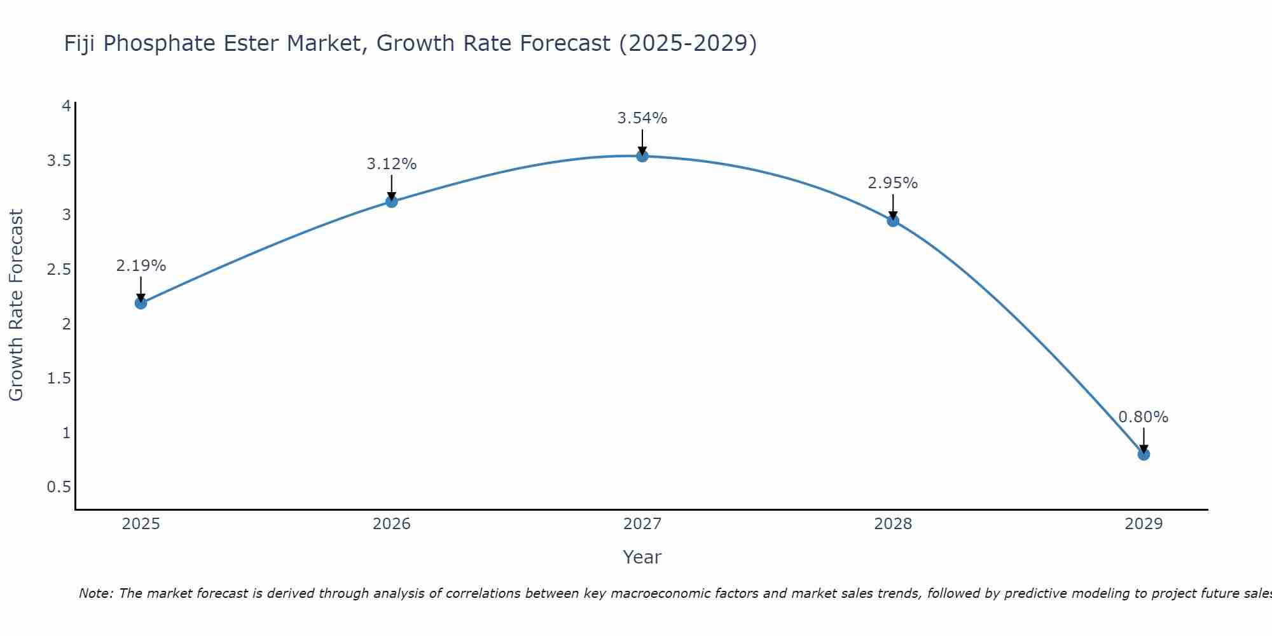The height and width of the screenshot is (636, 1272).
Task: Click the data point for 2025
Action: (141, 303)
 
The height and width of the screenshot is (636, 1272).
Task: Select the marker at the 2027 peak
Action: (642, 156)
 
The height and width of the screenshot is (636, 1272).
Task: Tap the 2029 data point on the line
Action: (1144, 454)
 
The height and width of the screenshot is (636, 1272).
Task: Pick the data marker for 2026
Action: (392, 202)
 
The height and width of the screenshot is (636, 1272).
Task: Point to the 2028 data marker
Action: (893, 221)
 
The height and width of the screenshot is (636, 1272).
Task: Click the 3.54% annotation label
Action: (642, 118)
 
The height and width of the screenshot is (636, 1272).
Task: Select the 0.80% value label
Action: (1144, 417)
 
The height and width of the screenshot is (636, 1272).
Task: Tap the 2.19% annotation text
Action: (141, 266)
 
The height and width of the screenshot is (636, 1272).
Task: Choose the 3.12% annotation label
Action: (392, 164)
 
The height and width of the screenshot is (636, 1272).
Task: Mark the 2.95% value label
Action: (893, 183)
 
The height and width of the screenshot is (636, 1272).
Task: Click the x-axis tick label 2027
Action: (642, 524)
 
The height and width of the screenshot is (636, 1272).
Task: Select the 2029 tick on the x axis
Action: (1144, 524)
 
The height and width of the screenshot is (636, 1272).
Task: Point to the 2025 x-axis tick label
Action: (141, 524)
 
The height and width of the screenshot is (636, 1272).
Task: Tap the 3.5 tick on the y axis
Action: (59, 160)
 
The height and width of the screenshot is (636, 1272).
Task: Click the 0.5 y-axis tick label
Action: (59, 487)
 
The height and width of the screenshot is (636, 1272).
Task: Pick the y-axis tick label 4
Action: (66, 106)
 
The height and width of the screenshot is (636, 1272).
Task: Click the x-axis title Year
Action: (642, 557)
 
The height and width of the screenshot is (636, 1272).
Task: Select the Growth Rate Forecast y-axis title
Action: (16, 305)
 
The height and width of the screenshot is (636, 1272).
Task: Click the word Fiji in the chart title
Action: (80, 44)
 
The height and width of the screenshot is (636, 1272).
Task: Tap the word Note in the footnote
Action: (95, 593)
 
